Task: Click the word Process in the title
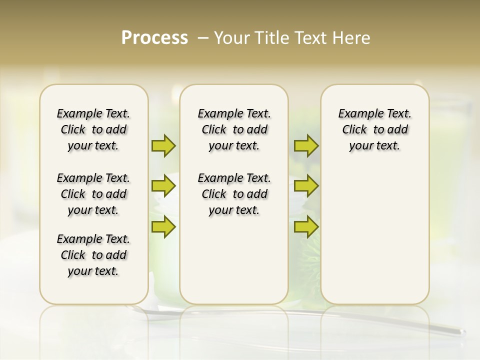[154, 38]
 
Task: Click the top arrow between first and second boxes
[163, 145]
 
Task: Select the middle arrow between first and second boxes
[163, 186]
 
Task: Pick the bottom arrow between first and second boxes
[163, 226]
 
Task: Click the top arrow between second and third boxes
[306, 145]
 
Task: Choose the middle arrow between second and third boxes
[306, 186]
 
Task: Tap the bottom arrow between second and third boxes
[306, 226]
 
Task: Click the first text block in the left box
[93, 129]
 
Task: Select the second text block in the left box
[93, 194]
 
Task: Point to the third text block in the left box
[93, 255]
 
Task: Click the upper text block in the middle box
[234, 129]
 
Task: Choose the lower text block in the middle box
[234, 194]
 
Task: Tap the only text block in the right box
[374, 129]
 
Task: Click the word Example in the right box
[357, 114]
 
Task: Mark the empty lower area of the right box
[374, 235]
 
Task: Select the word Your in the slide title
[231, 38]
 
